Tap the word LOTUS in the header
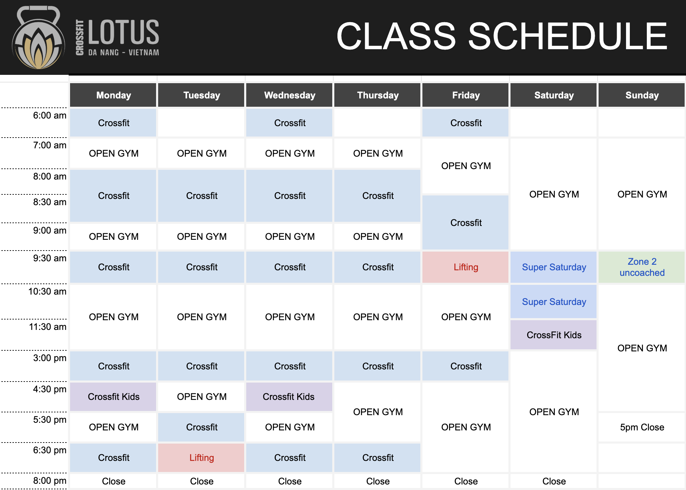tap(123, 32)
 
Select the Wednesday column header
tap(290, 95)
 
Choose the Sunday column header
tap(642, 95)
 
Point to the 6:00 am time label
tap(50, 116)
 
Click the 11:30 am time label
tap(48, 327)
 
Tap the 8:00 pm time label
tap(50, 481)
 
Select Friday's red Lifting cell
tap(466, 267)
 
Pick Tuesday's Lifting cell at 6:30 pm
tap(201, 458)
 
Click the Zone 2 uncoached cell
tap(642, 267)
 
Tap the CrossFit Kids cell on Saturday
tap(554, 335)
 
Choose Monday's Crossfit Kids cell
tap(113, 397)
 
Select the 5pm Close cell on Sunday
tap(642, 427)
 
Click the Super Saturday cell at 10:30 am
tap(554, 302)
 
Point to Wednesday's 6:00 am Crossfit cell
tap(290, 123)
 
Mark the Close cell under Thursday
tap(378, 481)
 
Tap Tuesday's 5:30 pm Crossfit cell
tap(201, 427)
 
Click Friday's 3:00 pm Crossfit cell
tap(466, 366)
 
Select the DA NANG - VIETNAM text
tap(123, 53)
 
